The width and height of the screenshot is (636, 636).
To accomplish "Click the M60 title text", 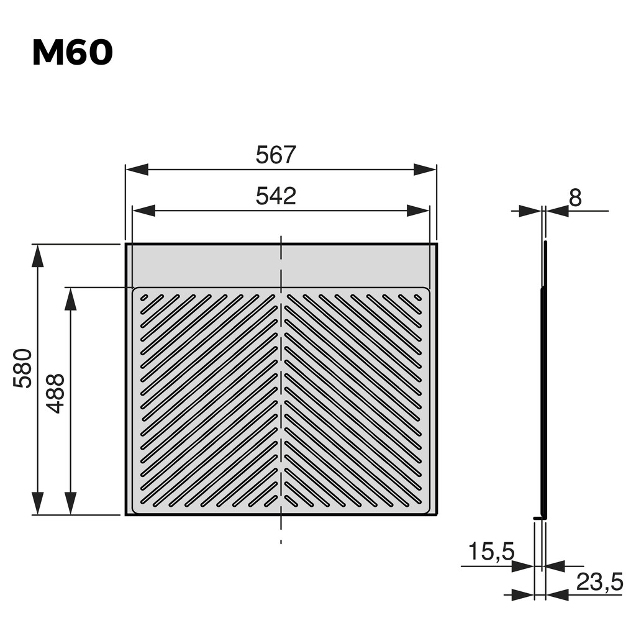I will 72,53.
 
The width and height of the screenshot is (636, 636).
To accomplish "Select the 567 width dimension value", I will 276,155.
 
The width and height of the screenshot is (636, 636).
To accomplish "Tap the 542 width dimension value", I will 276,196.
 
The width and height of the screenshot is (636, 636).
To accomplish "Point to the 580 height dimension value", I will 23,368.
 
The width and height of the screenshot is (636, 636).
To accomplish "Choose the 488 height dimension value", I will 56,393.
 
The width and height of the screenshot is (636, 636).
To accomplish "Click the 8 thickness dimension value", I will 575,198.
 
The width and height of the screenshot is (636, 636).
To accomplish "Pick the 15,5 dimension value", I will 491,551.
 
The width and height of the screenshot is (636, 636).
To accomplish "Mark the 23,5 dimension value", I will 599,582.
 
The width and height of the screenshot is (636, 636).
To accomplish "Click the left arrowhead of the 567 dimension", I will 137,170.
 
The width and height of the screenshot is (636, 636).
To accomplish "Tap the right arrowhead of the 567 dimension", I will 425,170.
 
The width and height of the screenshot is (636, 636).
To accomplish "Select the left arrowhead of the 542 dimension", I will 143,211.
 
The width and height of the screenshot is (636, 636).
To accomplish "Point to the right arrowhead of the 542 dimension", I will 418,211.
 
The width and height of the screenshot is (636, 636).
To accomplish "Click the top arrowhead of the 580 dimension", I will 38,256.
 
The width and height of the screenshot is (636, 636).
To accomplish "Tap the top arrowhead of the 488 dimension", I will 70,299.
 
